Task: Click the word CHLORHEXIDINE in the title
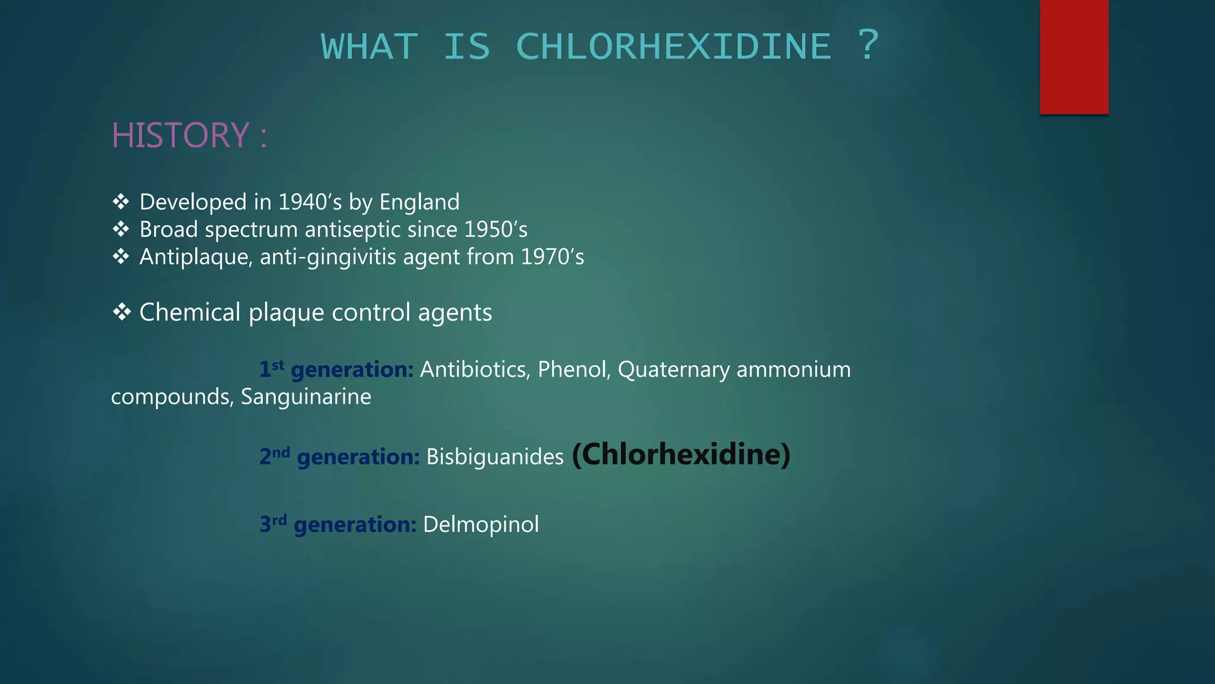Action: click(x=674, y=46)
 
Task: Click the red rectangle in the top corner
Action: click(x=1074, y=56)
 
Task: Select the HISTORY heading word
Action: click(x=180, y=135)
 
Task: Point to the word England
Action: click(x=419, y=202)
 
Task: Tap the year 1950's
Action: click(x=496, y=230)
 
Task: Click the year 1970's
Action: click(x=552, y=257)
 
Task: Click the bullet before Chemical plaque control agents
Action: click(x=121, y=312)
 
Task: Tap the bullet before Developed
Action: click(x=121, y=202)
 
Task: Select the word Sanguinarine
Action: click(x=306, y=397)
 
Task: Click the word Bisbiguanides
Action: click(x=495, y=457)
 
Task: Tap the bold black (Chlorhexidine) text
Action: click(x=681, y=455)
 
